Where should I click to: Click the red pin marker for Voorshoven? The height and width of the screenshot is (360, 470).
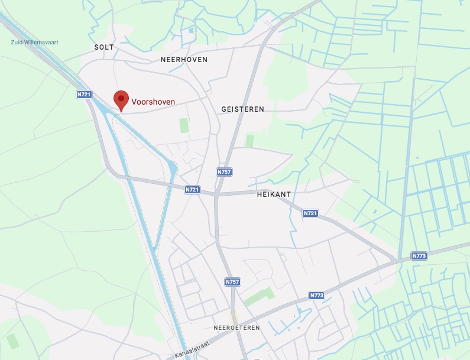[x=121, y=99]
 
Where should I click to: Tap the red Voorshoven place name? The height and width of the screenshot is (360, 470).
[x=153, y=102]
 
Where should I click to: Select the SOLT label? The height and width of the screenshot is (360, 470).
[x=103, y=47]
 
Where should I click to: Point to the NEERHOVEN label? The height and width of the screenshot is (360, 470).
[x=184, y=60]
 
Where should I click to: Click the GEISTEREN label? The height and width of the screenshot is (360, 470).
[x=242, y=109]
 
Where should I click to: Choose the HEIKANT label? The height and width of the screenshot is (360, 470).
[x=275, y=194]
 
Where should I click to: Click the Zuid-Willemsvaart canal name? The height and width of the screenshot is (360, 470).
[x=35, y=43]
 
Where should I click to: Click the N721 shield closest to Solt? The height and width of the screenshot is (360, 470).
[x=84, y=94]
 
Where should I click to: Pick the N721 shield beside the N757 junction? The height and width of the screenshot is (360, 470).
[x=192, y=190]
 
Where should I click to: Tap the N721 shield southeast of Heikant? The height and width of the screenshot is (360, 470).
[x=310, y=213]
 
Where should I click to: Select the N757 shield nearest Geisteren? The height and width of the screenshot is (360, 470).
[x=223, y=171]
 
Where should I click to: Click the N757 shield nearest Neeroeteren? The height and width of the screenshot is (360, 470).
[x=232, y=282]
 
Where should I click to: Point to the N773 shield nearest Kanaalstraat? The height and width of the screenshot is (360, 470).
[x=317, y=295]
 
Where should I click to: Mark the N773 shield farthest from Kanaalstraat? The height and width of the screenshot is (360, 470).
[x=419, y=256]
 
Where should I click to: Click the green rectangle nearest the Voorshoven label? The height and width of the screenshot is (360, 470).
[x=184, y=125]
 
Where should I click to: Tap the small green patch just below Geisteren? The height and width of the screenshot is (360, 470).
[x=249, y=141]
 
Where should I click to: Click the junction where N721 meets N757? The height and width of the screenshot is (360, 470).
[x=216, y=193]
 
